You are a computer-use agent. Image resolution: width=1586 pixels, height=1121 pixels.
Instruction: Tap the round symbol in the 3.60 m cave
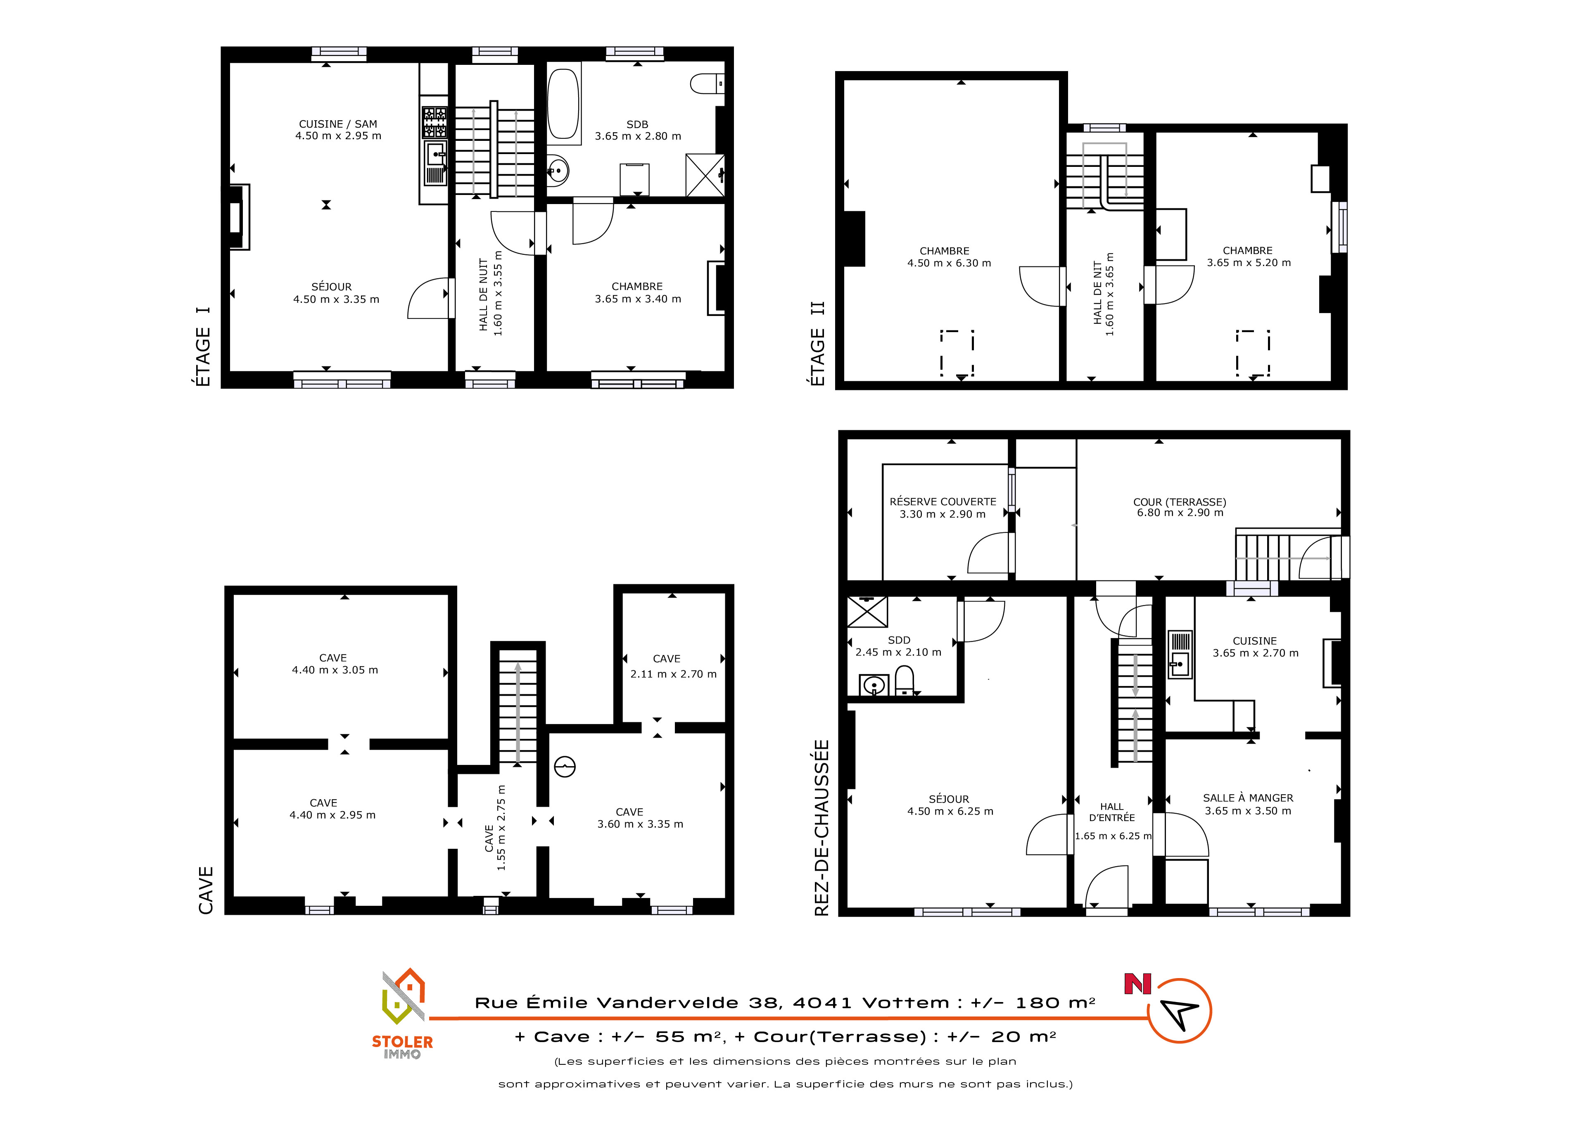pos(565,767)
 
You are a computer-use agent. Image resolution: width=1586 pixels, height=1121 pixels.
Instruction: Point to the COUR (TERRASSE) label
pos(1180,502)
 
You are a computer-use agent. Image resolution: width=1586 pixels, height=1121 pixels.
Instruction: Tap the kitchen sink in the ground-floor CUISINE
pos(1180,655)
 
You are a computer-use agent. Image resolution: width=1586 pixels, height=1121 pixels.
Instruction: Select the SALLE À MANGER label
pos(1248,798)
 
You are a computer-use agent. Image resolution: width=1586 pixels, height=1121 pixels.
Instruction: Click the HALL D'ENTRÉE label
pos(1112,812)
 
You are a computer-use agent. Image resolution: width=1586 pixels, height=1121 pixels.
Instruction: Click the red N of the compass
pos(1138,984)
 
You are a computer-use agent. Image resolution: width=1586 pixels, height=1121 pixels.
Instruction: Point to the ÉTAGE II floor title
pos(818,344)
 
